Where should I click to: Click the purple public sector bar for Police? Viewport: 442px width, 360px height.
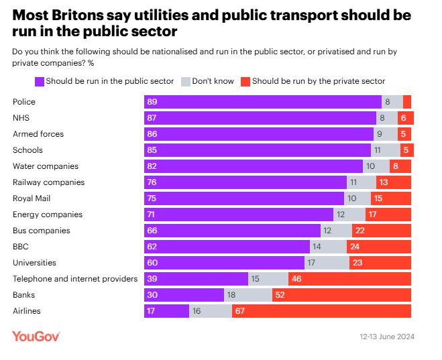pos(262,102)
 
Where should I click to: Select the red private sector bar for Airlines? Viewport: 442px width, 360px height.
pos(321,311)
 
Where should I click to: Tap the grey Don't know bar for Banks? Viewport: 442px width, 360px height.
pos(247,295)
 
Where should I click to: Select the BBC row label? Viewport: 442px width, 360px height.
pos(21,247)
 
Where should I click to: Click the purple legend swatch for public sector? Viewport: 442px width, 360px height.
pos(39,81)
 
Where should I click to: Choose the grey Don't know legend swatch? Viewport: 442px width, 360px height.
pos(186,81)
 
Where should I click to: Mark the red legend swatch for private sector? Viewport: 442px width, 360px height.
pos(245,81)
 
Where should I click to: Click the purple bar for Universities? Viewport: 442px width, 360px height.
pos(224,263)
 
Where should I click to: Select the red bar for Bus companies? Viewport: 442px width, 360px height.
pos(381,231)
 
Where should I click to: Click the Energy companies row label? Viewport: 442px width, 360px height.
pos(48,215)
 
